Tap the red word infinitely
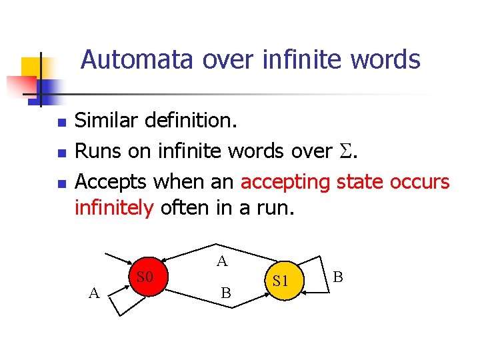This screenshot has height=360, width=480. (114, 208)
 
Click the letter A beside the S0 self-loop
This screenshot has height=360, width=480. (94, 291)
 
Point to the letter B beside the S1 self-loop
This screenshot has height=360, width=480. (338, 276)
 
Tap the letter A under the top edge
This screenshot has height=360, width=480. (222, 261)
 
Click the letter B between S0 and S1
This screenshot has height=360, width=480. (226, 293)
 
